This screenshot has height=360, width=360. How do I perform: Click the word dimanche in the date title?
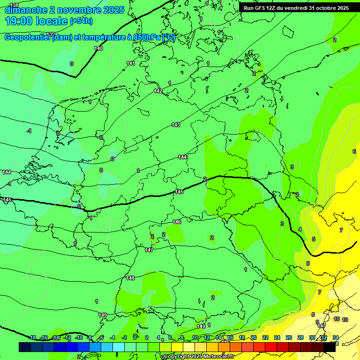pos(25,10)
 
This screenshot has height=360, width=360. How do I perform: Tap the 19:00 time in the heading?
pos(19,21)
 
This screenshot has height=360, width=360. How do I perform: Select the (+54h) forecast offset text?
pos(81,21)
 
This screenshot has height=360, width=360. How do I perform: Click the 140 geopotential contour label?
pos(98,48)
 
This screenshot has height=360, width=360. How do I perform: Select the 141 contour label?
pos(131,63)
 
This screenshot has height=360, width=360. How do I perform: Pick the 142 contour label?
pos(158,91)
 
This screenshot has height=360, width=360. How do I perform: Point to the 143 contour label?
pos(176,125)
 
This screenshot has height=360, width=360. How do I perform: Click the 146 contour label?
pos(177,222)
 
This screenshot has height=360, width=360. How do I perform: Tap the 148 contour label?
pos(130,278)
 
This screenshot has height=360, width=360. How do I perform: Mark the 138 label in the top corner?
pos(14,5)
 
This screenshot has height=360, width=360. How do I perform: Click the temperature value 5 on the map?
pos(314,239)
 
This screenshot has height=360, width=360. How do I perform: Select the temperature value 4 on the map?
pos(300,229)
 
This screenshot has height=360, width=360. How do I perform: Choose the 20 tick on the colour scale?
pos(254,337)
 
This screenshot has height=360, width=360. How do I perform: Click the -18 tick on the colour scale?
pos(32,337)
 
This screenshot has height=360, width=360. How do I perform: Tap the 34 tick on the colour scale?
pos(336,337)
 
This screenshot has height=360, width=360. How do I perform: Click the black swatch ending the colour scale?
pos(330,347)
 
